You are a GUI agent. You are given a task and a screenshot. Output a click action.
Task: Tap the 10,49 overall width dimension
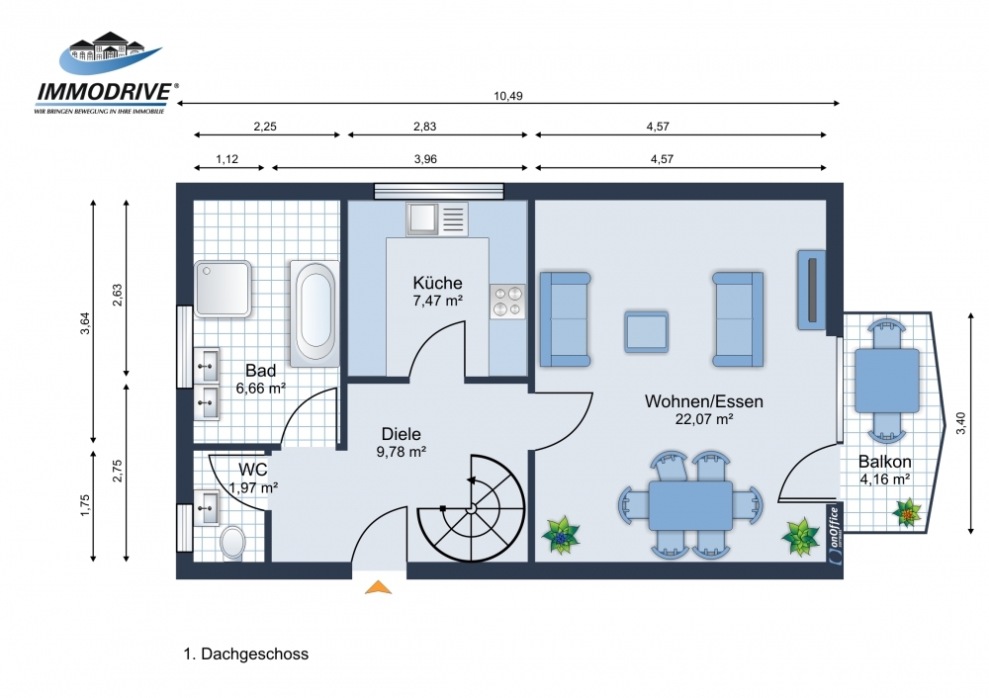click(507, 96)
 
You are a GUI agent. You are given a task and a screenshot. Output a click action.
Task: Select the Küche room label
click(438, 283)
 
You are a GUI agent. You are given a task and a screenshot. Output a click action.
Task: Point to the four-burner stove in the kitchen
click(507, 302)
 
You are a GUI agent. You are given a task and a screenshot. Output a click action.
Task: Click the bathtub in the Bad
click(315, 313)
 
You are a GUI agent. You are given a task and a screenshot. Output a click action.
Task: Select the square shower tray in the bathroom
click(224, 289)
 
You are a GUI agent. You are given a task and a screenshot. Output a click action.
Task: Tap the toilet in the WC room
click(232, 542)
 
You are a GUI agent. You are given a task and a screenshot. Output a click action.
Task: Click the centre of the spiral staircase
click(471, 507)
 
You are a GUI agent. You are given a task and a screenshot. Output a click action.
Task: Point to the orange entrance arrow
click(379, 587)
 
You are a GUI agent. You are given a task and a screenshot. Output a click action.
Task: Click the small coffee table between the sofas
click(647, 331)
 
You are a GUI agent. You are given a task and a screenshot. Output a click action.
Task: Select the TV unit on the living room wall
click(812, 290)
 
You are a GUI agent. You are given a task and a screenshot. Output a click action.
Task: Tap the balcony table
click(887, 381)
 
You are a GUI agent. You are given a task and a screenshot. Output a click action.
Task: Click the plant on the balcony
click(907, 512)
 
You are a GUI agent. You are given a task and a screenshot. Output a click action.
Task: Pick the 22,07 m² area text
click(704, 418)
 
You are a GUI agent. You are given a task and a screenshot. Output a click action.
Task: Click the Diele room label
click(402, 434)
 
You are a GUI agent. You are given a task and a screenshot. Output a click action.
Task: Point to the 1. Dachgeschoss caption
click(246, 654)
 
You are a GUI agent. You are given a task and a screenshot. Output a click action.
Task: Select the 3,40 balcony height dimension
click(960, 423)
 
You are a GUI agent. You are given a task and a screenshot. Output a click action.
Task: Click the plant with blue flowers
click(561, 535)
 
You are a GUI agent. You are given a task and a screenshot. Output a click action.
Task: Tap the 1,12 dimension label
click(227, 159)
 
